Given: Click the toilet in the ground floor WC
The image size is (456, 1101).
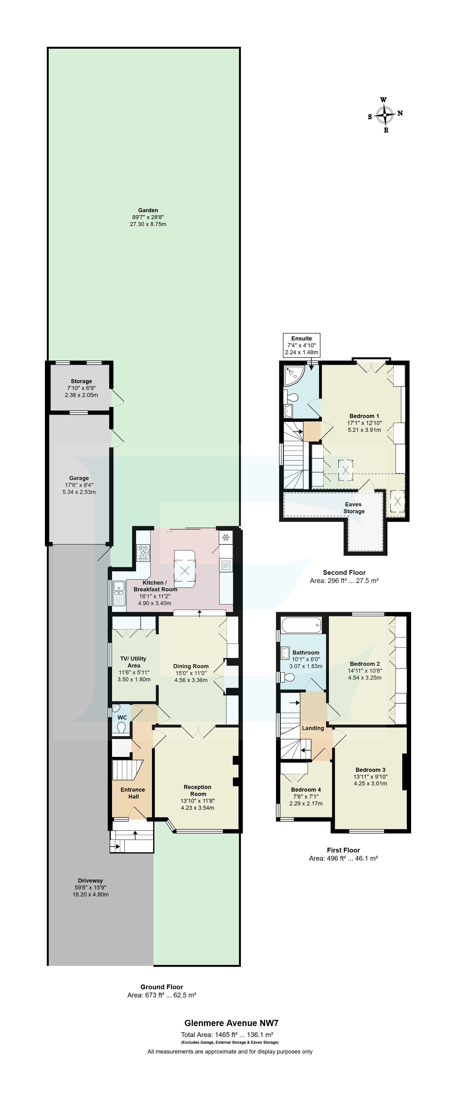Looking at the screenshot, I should [121, 727].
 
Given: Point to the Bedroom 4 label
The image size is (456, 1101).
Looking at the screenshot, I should [306, 789].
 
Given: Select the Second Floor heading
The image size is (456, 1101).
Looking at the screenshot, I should [344, 572].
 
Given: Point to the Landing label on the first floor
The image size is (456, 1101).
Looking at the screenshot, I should [313, 728].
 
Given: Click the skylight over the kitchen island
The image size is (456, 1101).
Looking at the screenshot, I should [185, 570].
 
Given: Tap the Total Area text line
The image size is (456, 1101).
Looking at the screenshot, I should [227, 1035].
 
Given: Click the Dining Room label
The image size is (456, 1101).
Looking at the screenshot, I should [191, 666].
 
